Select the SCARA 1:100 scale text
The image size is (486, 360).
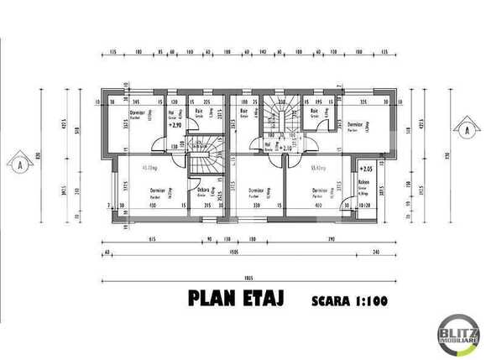346,300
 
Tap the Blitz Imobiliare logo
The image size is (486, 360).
457,336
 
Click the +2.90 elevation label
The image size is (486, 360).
175,124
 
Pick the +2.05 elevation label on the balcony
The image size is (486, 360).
366,168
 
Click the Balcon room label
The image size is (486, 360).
363,181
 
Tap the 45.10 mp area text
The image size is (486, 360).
152,167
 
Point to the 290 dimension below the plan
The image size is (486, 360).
332,240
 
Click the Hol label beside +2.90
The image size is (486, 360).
170,112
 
